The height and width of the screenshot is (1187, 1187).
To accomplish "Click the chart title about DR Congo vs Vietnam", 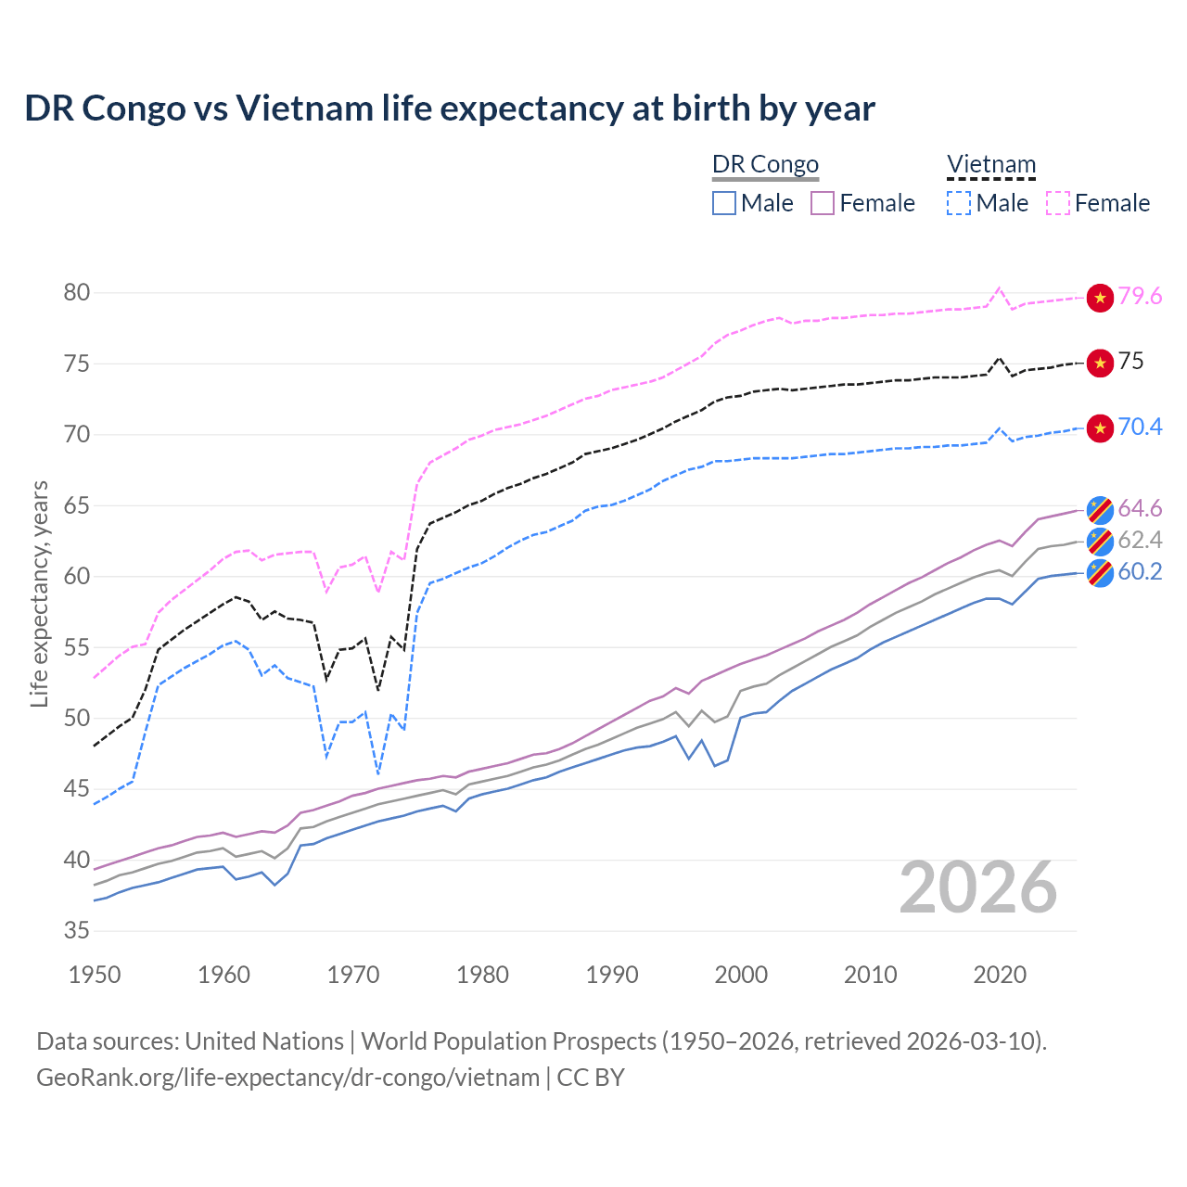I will (450, 108).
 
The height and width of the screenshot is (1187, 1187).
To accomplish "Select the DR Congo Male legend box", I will (724, 203).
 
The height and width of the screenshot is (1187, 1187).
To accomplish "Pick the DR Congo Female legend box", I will (823, 203).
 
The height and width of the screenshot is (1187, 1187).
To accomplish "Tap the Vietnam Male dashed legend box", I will (959, 203).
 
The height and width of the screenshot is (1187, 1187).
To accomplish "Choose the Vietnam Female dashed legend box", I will (1058, 203).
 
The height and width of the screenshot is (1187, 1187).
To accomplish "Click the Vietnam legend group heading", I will (990, 165).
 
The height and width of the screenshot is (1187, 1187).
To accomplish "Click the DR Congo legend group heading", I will (765, 165).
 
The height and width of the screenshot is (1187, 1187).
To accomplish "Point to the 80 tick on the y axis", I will (77, 293).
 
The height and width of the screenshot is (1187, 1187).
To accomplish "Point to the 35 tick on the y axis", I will (77, 931).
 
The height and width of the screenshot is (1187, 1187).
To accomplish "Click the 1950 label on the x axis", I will (95, 975).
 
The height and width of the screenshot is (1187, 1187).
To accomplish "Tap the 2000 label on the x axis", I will (741, 975).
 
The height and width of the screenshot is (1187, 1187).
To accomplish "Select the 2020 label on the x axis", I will (1000, 975).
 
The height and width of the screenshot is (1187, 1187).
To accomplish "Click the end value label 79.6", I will (1140, 297).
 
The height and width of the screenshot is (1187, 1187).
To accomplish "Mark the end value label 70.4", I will (1140, 428).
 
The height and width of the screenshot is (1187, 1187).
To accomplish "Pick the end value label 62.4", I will (1140, 541).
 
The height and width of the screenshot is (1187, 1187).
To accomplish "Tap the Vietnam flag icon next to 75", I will (1100, 363).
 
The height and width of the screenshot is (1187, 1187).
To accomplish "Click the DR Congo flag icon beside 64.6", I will (1100, 509).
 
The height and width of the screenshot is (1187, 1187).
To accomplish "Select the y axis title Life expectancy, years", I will (39, 593).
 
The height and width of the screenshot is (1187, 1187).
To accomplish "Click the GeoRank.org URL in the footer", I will (287, 1078).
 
